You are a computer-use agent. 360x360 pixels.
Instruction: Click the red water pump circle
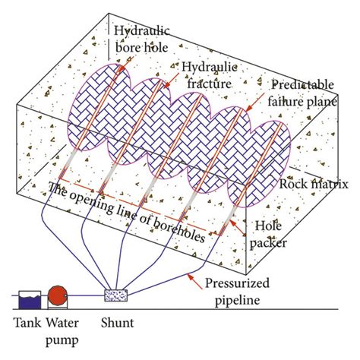(57, 295)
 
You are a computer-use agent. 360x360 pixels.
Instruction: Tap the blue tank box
(27, 296)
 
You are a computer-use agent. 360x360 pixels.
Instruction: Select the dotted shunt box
(115, 293)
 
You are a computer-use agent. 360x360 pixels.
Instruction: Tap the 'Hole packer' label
(272, 232)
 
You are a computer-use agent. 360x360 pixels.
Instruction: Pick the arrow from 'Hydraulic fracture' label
(173, 86)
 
